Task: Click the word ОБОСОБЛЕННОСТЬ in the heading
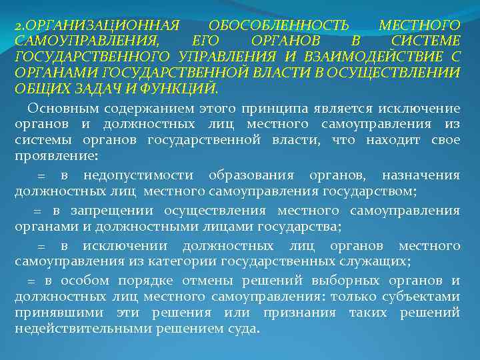279,25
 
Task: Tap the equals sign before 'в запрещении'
37,211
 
